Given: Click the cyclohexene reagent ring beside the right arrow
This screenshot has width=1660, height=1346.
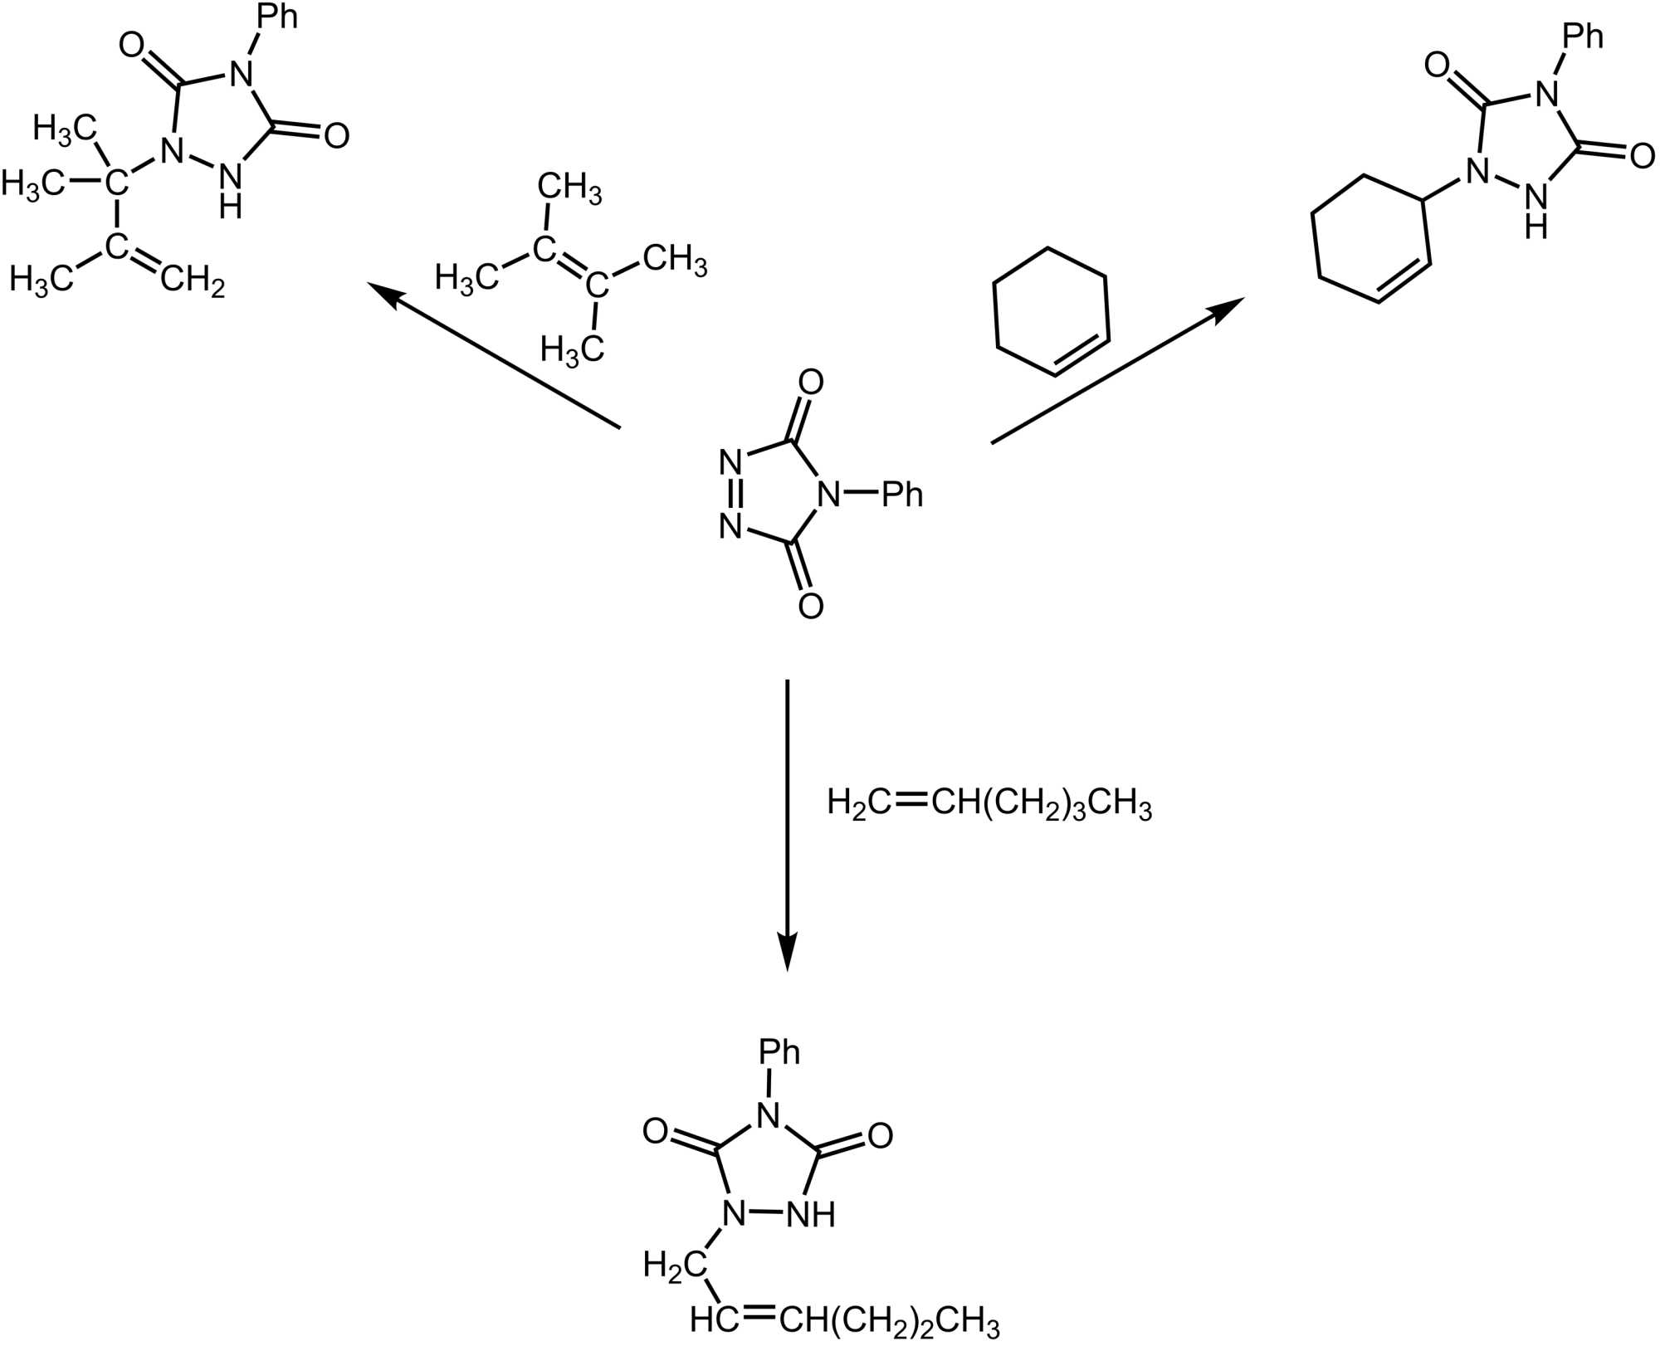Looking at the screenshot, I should (1051, 311).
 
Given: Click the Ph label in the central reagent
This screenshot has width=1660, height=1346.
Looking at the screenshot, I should (902, 495).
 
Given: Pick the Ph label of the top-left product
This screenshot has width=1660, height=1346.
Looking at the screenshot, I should (276, 17).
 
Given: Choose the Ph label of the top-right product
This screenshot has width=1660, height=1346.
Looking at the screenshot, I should (1583, 36).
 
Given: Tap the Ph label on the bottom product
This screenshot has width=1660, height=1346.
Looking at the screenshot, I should (779, 1052).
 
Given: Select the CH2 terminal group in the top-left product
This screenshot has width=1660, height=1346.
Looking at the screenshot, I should (193, 281).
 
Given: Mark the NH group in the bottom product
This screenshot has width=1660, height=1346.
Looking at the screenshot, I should (810, 1215).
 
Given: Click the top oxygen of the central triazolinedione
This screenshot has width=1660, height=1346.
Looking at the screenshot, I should (810, 383).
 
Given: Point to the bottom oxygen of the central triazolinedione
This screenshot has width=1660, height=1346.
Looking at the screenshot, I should (810, 606).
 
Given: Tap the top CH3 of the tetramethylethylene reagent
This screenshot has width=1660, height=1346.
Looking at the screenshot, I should (569, 188).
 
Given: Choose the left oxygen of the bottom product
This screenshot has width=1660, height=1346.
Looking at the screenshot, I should (656, 1131).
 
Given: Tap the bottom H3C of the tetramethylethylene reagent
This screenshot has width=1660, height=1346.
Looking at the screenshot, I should (572, 349).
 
